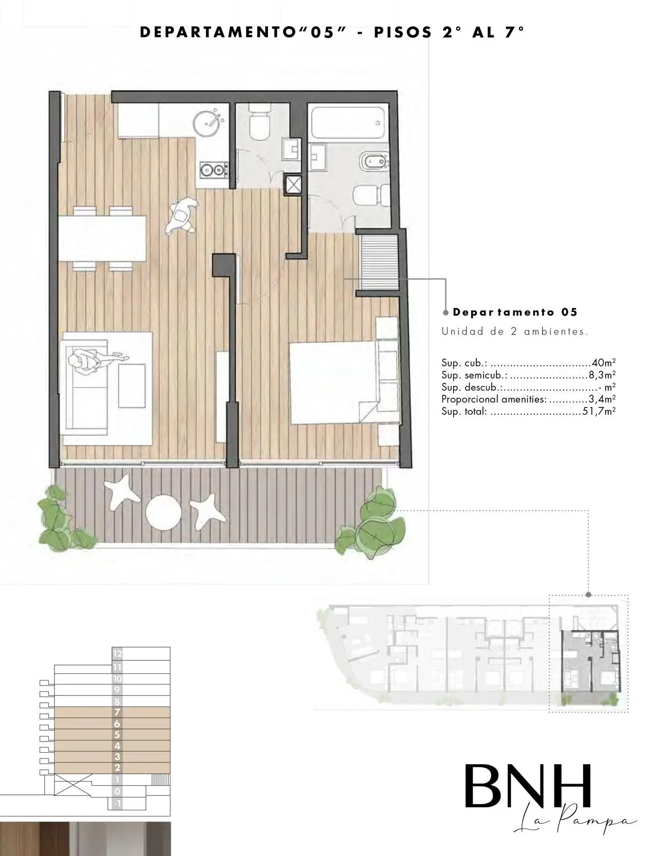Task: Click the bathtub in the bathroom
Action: coord(347,122)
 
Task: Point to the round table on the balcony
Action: coord(163,511)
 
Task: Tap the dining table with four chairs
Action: coord(103,239)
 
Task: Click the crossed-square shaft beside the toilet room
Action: coord(295,185)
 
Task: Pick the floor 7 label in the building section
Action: coord(118,712)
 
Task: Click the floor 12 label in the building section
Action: coord(118,654)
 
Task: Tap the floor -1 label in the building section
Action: coord(118,804)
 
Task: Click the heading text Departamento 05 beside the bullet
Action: coord(515,312)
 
